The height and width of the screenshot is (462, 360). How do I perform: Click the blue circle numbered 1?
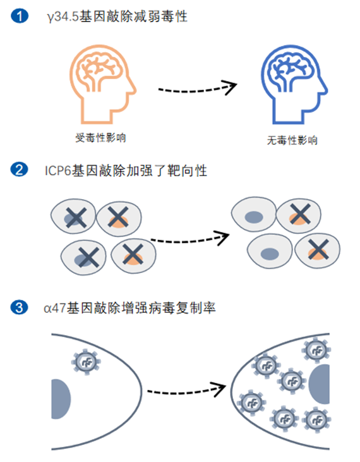coord(20,16)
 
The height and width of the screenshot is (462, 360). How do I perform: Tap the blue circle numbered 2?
coord(20,170)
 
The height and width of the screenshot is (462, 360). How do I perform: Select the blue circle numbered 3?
coord(19,307)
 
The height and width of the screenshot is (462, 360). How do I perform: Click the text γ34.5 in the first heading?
coord(63,16)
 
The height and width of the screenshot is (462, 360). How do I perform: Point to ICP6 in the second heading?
coord(58,171)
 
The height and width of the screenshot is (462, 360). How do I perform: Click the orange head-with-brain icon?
coord(103,84)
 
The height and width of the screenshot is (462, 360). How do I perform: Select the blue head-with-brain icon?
coord(294,84)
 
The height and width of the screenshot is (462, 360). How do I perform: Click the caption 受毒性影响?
coord(100,138)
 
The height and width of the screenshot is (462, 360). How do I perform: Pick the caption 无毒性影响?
coord(292,140)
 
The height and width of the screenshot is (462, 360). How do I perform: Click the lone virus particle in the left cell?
coord(86,362)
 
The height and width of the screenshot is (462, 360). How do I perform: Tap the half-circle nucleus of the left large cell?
coord(61,399)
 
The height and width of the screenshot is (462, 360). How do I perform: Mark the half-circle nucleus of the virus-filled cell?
coord(320,384)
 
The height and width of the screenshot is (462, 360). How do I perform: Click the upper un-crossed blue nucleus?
coord(254,217)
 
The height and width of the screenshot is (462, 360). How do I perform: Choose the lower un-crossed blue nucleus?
coord(270,253)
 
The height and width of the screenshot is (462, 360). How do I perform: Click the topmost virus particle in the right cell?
coord(316,350)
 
